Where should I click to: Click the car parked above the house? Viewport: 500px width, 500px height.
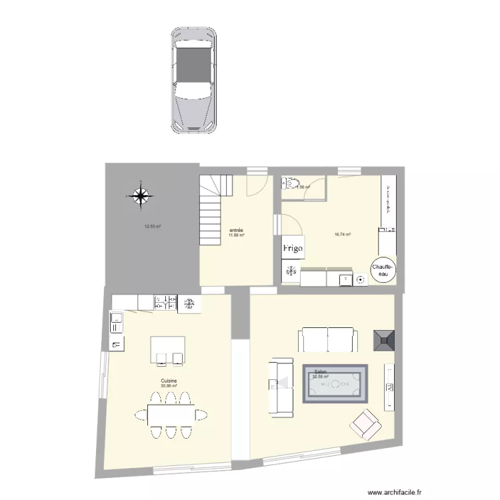(x=193, y=80)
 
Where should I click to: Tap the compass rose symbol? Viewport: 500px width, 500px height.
(x=141, y=195)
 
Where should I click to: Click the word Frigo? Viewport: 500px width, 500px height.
(x=293, y=248)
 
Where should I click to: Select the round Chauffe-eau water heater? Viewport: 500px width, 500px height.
(x=383, y=269)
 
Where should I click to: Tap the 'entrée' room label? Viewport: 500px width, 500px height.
(x=235, y=230)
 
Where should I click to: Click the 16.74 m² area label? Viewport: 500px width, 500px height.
(x=343, y=234)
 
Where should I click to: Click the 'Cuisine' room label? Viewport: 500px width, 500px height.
(x=169, y=381)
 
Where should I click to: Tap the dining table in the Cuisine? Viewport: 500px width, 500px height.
(x=169, y=415)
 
